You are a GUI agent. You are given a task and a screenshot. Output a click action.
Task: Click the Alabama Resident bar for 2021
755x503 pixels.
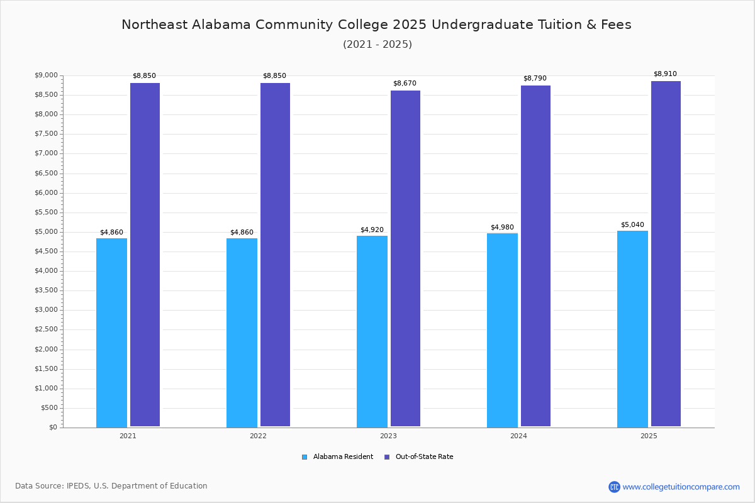tap(111, 333)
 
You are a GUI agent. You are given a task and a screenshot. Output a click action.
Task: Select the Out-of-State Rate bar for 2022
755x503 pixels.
tap(275, 255)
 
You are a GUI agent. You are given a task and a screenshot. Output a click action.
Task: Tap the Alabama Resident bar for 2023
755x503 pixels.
tap(372, 331)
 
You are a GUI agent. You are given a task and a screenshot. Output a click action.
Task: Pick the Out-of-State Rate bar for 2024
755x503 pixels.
tap(535, 256)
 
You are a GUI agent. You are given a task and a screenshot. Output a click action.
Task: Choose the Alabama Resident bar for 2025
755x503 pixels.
tap(632, 329)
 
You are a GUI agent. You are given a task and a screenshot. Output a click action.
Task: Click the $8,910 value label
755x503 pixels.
tap(665, 74)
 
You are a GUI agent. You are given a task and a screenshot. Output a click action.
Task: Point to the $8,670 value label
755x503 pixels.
tap(405, 83)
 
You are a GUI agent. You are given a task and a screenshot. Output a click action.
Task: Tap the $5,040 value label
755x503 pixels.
tap(632, 224)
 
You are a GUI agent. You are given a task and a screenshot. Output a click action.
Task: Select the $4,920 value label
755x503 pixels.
tap(372, 229)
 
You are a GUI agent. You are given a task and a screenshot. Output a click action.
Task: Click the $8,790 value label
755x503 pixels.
tap(535, 78)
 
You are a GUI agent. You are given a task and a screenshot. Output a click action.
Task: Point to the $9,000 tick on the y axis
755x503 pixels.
tap(45, 75)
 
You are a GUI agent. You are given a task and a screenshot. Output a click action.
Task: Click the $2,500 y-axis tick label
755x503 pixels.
tap(45, 329)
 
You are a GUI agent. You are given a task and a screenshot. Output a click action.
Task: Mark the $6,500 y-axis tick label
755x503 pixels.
tap(45, 173)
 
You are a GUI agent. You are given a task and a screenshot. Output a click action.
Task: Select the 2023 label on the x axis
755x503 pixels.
tap(388, 436)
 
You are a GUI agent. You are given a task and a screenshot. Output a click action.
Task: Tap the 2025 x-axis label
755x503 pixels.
tap(649, 436)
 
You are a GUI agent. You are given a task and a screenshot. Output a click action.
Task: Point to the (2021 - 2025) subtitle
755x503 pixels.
tap(377, 44)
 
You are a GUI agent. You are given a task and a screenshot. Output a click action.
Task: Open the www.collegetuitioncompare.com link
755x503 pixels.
tap(681, 487)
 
